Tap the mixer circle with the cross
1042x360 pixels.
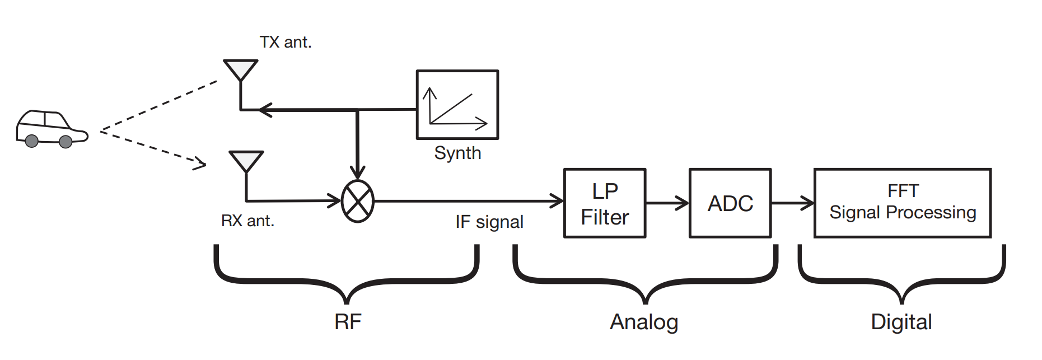[x=358, y=201]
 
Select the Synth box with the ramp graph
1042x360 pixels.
[x=457, y=105]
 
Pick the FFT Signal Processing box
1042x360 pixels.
[x=902, y=203]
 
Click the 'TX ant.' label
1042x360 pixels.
[x=286, y=42]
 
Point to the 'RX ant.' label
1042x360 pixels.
[x=247, y=221]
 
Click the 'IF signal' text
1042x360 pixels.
[x=489, y=222]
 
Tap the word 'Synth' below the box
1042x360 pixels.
[x=457, y=153]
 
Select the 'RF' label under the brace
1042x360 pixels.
[x=348, y=322]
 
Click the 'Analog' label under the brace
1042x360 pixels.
[x=644, y=322]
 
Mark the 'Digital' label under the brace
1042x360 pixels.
[x=901, y=322]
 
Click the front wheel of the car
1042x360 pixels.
[x=66, y=142]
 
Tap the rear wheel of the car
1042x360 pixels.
[x=32, y=141]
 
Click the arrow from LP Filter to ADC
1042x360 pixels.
[x=667, y=203]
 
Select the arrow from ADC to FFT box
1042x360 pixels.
[x=792, y=203]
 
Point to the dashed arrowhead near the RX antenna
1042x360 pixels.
[x=200, y=163]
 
